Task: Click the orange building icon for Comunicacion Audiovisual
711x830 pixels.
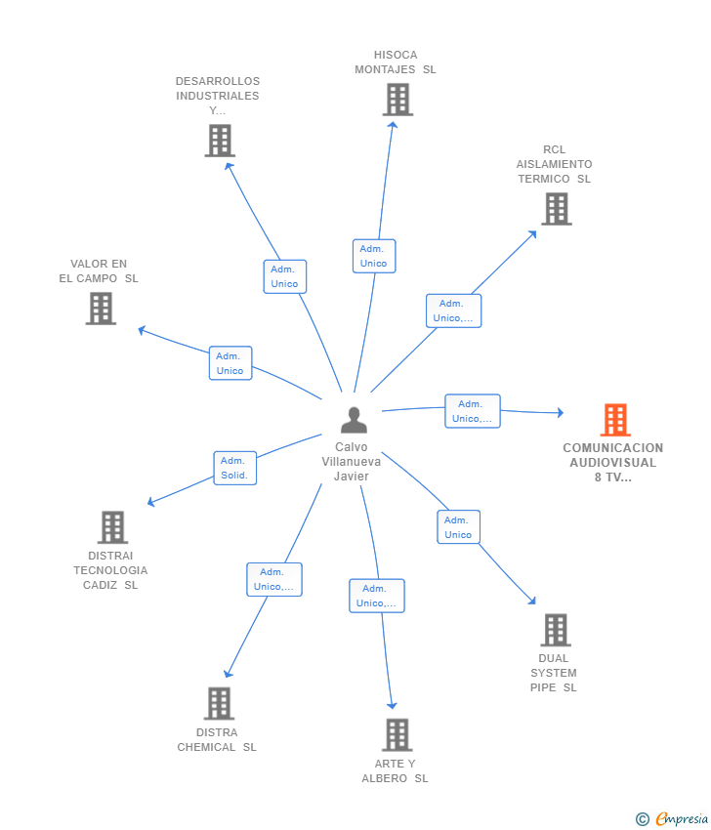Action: tap(615, 420)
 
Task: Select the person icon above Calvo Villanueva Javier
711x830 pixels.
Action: tap(354, 420)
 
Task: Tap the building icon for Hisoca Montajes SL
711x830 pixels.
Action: tap(397, 100)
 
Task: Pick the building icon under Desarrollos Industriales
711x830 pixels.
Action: tap(220, 141)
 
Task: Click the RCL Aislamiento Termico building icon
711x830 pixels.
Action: tap(557, 209)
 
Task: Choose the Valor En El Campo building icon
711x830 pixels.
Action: tap(101, 308)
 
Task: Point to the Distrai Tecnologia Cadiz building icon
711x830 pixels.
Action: tap(112, 527)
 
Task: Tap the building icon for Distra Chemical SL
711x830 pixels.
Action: tap(219, 703)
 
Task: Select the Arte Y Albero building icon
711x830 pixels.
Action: tap(397, 734)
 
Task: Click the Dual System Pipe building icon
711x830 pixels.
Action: tap(556, 630)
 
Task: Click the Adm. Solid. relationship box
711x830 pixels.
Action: tap(235, 468)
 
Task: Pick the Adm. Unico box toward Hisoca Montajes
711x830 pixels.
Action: tap(374, 256)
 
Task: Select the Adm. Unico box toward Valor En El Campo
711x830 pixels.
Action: tap(230, 363)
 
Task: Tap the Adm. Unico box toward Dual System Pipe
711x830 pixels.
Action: tap(458, 526)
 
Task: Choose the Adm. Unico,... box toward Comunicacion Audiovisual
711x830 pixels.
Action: tap(473, 411)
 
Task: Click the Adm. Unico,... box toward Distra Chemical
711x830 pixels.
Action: tap(274, 580)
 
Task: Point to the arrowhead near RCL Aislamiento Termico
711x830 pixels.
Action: tap(532, 234)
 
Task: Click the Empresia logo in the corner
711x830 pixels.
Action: tap(672, 818)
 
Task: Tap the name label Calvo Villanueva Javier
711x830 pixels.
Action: tap(351, 462)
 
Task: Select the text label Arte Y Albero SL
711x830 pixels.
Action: tap(395, 770)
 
